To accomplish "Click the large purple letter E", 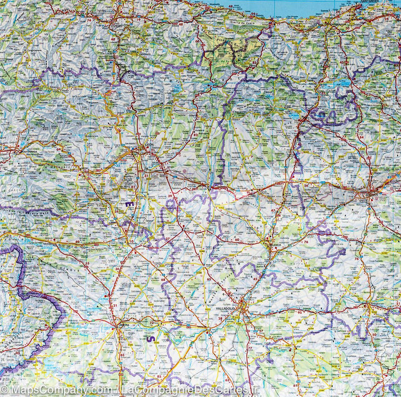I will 129,205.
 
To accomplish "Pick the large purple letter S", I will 149,338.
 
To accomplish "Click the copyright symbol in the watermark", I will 4,390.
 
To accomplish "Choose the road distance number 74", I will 89,20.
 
